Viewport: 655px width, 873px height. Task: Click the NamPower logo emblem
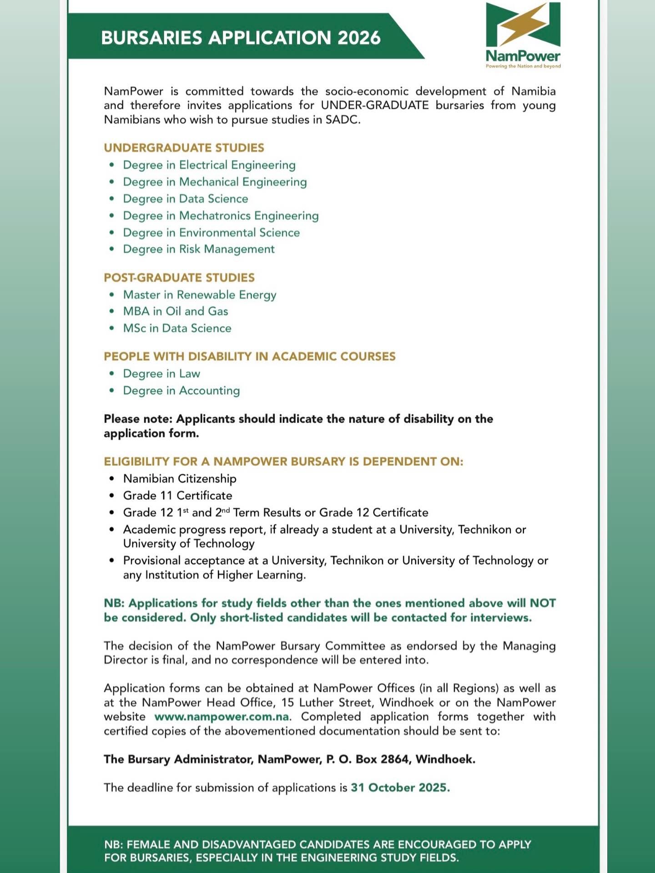point(523,25)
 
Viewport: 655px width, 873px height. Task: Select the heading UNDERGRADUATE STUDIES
point(184,148)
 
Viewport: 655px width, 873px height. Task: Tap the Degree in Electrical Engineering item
point(209,165)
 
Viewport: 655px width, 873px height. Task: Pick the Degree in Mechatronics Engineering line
point(221,216)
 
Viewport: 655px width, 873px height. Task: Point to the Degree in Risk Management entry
point(199,249)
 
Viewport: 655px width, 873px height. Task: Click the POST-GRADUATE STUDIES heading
point(179,278)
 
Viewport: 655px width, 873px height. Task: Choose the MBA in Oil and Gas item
point(176,311)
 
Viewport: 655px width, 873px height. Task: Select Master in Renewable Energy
point(200,295)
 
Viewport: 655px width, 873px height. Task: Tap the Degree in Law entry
point(161,374)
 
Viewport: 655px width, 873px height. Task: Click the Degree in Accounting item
point(181,391)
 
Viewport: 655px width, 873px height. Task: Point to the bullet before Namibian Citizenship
point(112,479)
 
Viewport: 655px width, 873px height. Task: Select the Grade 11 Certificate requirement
point(177,496)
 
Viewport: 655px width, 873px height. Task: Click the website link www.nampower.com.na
point(222,717)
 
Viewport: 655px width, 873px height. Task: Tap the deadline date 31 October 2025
point(400,788)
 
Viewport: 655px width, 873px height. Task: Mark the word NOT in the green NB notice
point(543,603)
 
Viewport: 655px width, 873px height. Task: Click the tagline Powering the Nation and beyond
point(523,66)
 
